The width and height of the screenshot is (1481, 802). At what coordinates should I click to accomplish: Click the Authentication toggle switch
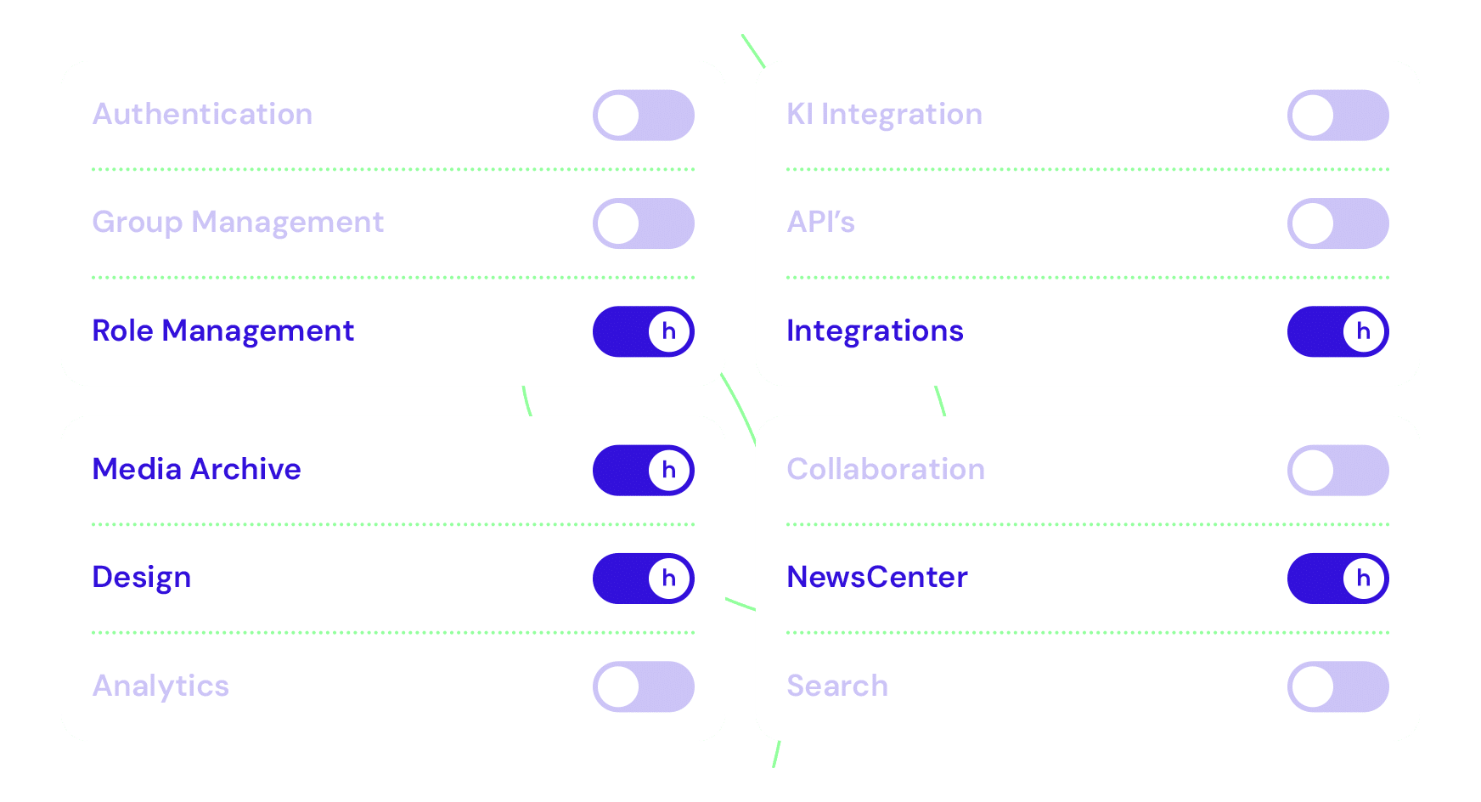coord(643,116)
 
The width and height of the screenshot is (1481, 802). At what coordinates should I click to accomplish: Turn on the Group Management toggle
coord(643,223)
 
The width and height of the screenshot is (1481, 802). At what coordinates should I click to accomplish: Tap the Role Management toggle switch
coord(643,331)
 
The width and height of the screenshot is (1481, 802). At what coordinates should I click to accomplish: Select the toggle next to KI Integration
coord(1337,116)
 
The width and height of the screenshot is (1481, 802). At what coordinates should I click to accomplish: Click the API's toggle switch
coord(1337,223)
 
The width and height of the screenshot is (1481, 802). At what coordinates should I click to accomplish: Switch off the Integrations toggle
coord(1337,331)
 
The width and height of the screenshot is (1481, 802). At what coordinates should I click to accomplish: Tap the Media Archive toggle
coord(643,470)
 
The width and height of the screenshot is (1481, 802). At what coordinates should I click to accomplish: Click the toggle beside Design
coord(643,579)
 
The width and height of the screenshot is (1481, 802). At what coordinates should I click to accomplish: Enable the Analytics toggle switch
coord(643,686)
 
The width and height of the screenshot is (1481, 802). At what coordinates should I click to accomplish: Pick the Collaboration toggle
coord(1337,470)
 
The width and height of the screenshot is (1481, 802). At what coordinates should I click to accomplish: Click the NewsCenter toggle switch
coord(1337,579)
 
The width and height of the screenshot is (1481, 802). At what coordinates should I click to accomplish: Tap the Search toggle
coord(1337,686)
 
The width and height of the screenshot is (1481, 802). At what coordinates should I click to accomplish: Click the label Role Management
coord(222,330)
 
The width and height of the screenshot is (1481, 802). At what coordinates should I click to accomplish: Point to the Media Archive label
coord(196,469)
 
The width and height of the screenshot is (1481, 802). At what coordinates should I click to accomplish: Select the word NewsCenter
coord(876,578)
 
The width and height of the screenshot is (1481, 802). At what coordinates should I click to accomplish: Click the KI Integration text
coord(884,115)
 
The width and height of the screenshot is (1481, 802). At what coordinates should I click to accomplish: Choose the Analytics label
coord(160,686)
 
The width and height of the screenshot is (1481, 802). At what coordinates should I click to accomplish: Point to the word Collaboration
coord(886,469)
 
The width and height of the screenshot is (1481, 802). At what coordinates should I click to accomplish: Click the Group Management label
coord(238,223)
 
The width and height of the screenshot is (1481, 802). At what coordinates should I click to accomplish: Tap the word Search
coord(837,686)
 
